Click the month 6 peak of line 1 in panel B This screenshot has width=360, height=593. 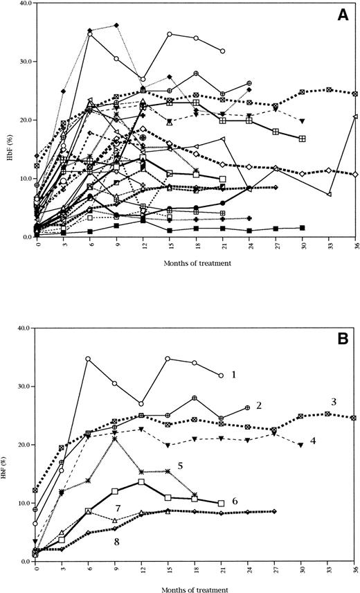pos(89,359)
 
